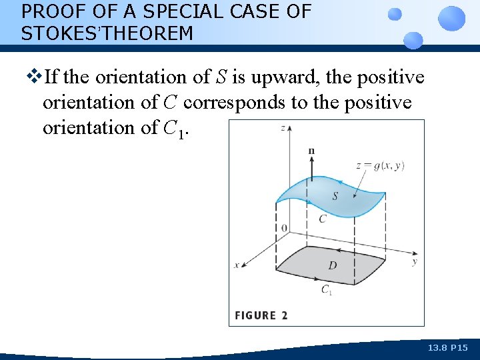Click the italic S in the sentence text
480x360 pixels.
tap(221, 78)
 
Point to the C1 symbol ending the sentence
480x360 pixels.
tap(173, 128)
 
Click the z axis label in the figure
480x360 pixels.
tap(284, 127)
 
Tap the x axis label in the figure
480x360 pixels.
tap(236, 265)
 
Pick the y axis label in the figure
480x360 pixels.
tap(414, 262)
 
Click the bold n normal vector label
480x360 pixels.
tap(311, 151)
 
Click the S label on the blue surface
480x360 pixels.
tap(335, 196)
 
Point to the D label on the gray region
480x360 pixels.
tap(332, 265)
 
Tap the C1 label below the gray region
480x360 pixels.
tap(327, 289)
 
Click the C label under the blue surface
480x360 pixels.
tap(322, 218)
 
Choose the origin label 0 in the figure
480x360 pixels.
tap(285, 228)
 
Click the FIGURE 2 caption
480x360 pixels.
tap(261, 315)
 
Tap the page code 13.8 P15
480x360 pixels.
tap(449, 348)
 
